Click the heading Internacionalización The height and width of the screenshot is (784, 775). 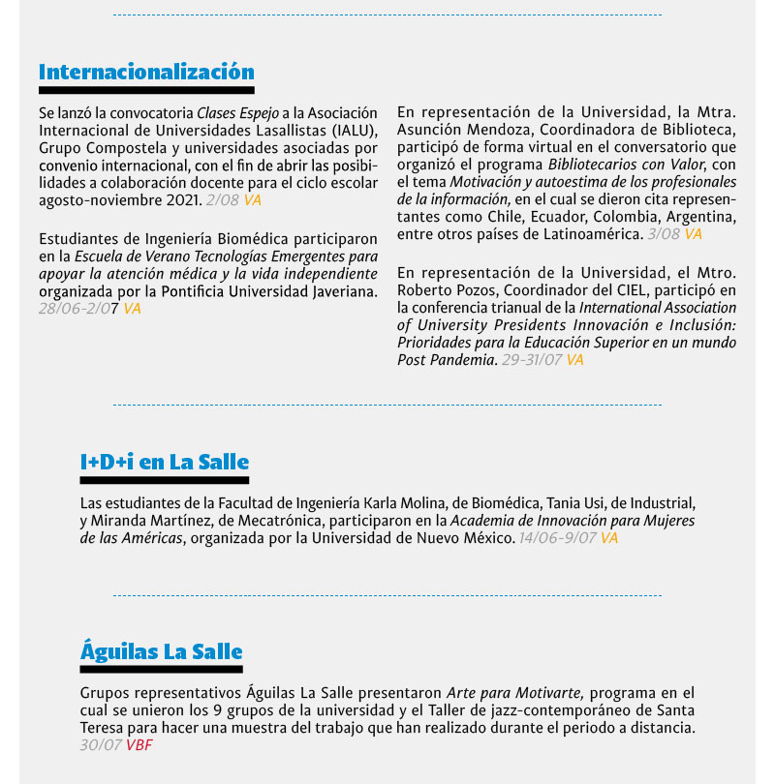point(146,72)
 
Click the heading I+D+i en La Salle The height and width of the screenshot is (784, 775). point(165,462)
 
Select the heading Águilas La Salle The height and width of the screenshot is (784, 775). point(161,651)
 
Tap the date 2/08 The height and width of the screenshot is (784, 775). point(223,199)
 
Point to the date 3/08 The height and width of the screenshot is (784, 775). point(665,234)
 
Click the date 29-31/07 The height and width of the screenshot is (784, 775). point(532,360)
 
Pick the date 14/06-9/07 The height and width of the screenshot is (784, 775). point(557,538)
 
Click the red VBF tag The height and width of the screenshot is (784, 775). point(139,745)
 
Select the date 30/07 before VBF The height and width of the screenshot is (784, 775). point(101,745)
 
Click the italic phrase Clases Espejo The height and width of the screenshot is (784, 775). point(235,112)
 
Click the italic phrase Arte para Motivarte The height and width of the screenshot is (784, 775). point(514,693)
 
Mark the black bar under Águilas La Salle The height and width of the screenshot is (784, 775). point(161,669)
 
